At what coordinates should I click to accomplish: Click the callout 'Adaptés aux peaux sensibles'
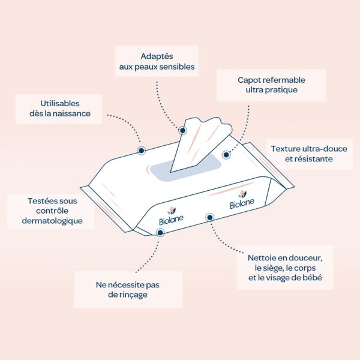coord(157,61)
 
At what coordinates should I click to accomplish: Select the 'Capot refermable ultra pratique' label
coord(271,85)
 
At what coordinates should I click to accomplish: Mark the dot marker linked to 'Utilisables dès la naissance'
coord(141,150)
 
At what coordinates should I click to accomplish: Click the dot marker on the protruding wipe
coord(182,130)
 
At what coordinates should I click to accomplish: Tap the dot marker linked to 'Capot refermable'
coord(226,154)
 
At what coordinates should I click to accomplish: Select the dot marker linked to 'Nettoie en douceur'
coord(209,217)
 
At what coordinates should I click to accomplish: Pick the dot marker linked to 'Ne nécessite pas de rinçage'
coord(160,231)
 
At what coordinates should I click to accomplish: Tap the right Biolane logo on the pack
coord(242,200)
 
